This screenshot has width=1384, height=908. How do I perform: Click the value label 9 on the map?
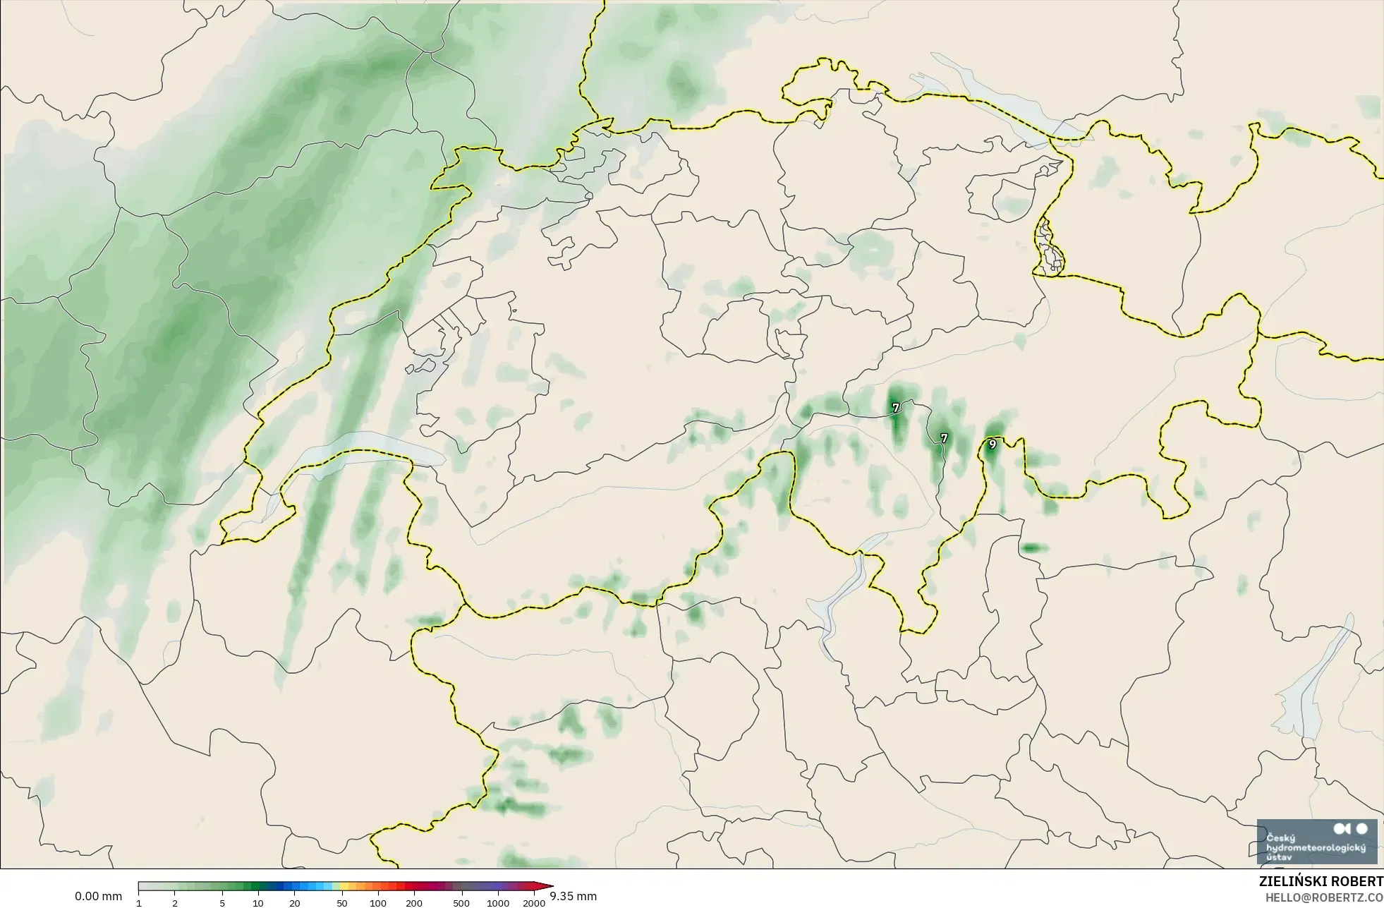click(993, 444)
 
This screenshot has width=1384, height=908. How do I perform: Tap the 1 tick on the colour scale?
click(139, 903)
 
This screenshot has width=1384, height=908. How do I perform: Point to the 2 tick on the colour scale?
click(175, 903)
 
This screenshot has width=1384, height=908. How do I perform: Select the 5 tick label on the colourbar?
click(222, 903)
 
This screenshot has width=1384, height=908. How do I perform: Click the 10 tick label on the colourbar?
click(258, 903)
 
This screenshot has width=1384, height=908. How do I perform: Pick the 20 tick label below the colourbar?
click(294, 903)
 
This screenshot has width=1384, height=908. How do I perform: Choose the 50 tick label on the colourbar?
click(342, 903)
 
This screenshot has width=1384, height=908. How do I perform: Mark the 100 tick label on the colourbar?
click(378, 903)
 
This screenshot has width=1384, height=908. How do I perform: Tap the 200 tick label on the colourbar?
click(414, 903)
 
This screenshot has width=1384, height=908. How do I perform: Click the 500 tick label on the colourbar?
click(462, 903)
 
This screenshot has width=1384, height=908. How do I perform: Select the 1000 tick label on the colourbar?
click(498, 903)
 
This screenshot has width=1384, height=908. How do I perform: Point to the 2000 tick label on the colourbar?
click(534, 903)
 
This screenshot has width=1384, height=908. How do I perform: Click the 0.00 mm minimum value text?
click(98, 897)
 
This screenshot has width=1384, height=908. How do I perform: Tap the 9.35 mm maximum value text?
click(573, 897)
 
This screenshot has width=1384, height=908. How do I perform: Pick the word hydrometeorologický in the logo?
click(1316, 847)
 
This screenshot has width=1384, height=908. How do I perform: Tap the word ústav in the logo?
click(1280, 856)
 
